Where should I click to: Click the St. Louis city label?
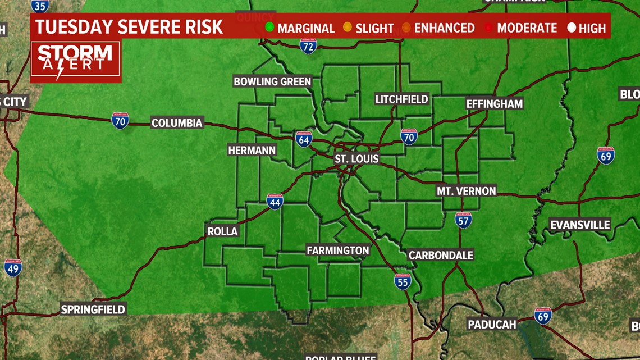(x=356, y=159)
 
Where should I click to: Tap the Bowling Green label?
(x=272, y=81)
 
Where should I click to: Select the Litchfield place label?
(x=401, y=99)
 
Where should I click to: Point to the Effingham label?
(x=494, y=104)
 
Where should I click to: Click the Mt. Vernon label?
(x=466, y=191)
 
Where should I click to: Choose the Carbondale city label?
(x=441, y=255)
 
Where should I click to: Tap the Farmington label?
(x=337, y=250)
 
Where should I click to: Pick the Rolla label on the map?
(x=223, y=231)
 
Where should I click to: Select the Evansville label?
(x=580, y=225)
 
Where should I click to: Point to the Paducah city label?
(x=492, y=324)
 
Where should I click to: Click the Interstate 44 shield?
(x=275, y=202)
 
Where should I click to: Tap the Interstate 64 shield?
(x=304, y=139)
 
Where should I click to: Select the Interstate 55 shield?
(x=402, y=281)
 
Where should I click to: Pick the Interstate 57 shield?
(x=463, y=220)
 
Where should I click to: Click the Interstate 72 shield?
(x=308, y=46)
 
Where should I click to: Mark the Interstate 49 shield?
(x=12, y=267)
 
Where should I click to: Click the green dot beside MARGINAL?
(x=270, y=27)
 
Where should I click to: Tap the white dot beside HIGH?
(x=572, y=27)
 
